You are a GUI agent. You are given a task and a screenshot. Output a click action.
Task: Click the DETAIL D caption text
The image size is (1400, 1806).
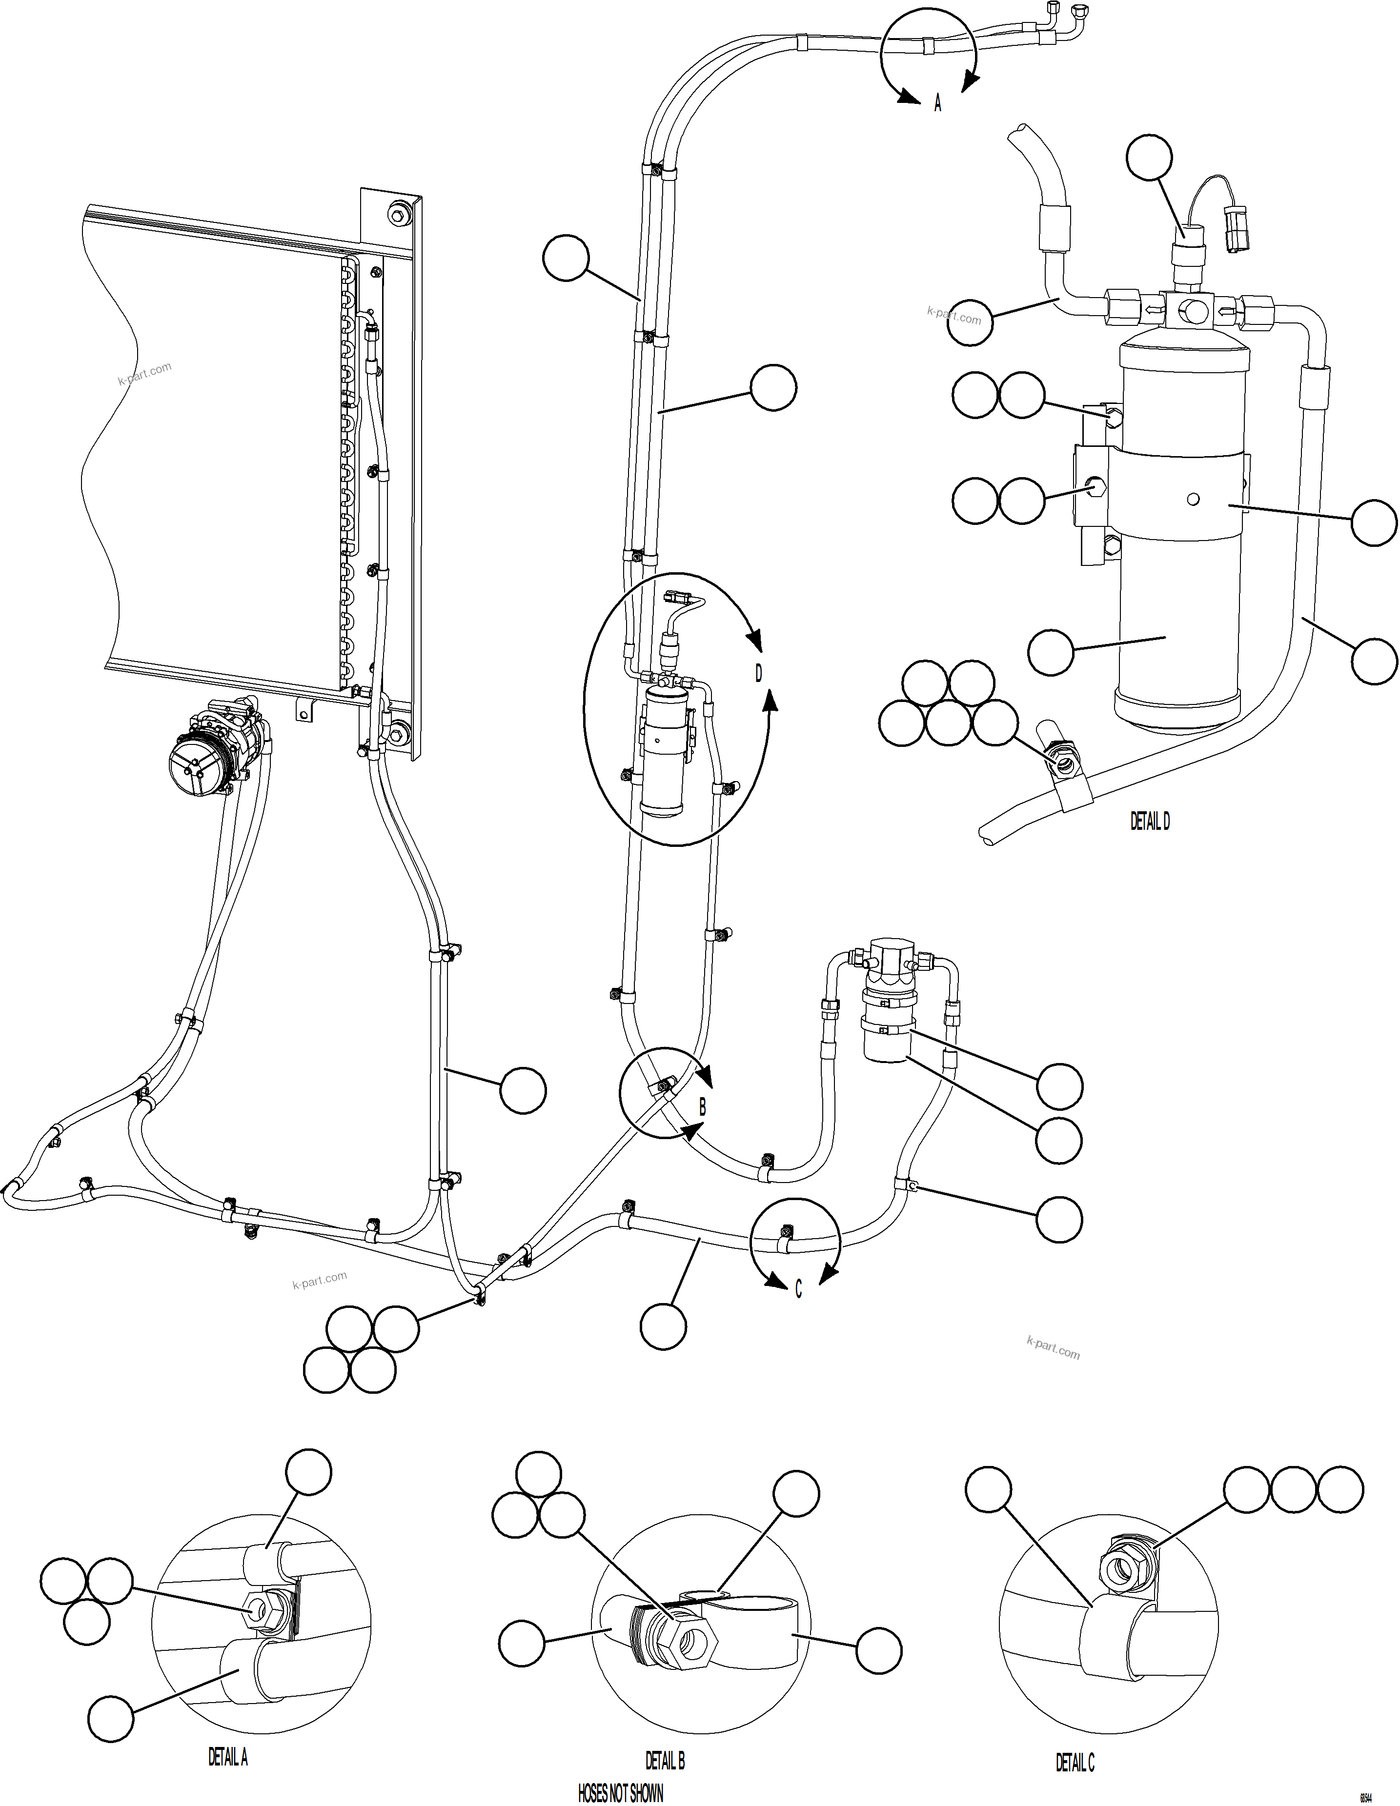point(1150,821)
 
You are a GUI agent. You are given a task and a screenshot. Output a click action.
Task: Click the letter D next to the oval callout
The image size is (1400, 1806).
point(758,674)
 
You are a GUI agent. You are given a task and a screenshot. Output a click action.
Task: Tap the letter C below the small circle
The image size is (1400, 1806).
point(798,1291)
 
